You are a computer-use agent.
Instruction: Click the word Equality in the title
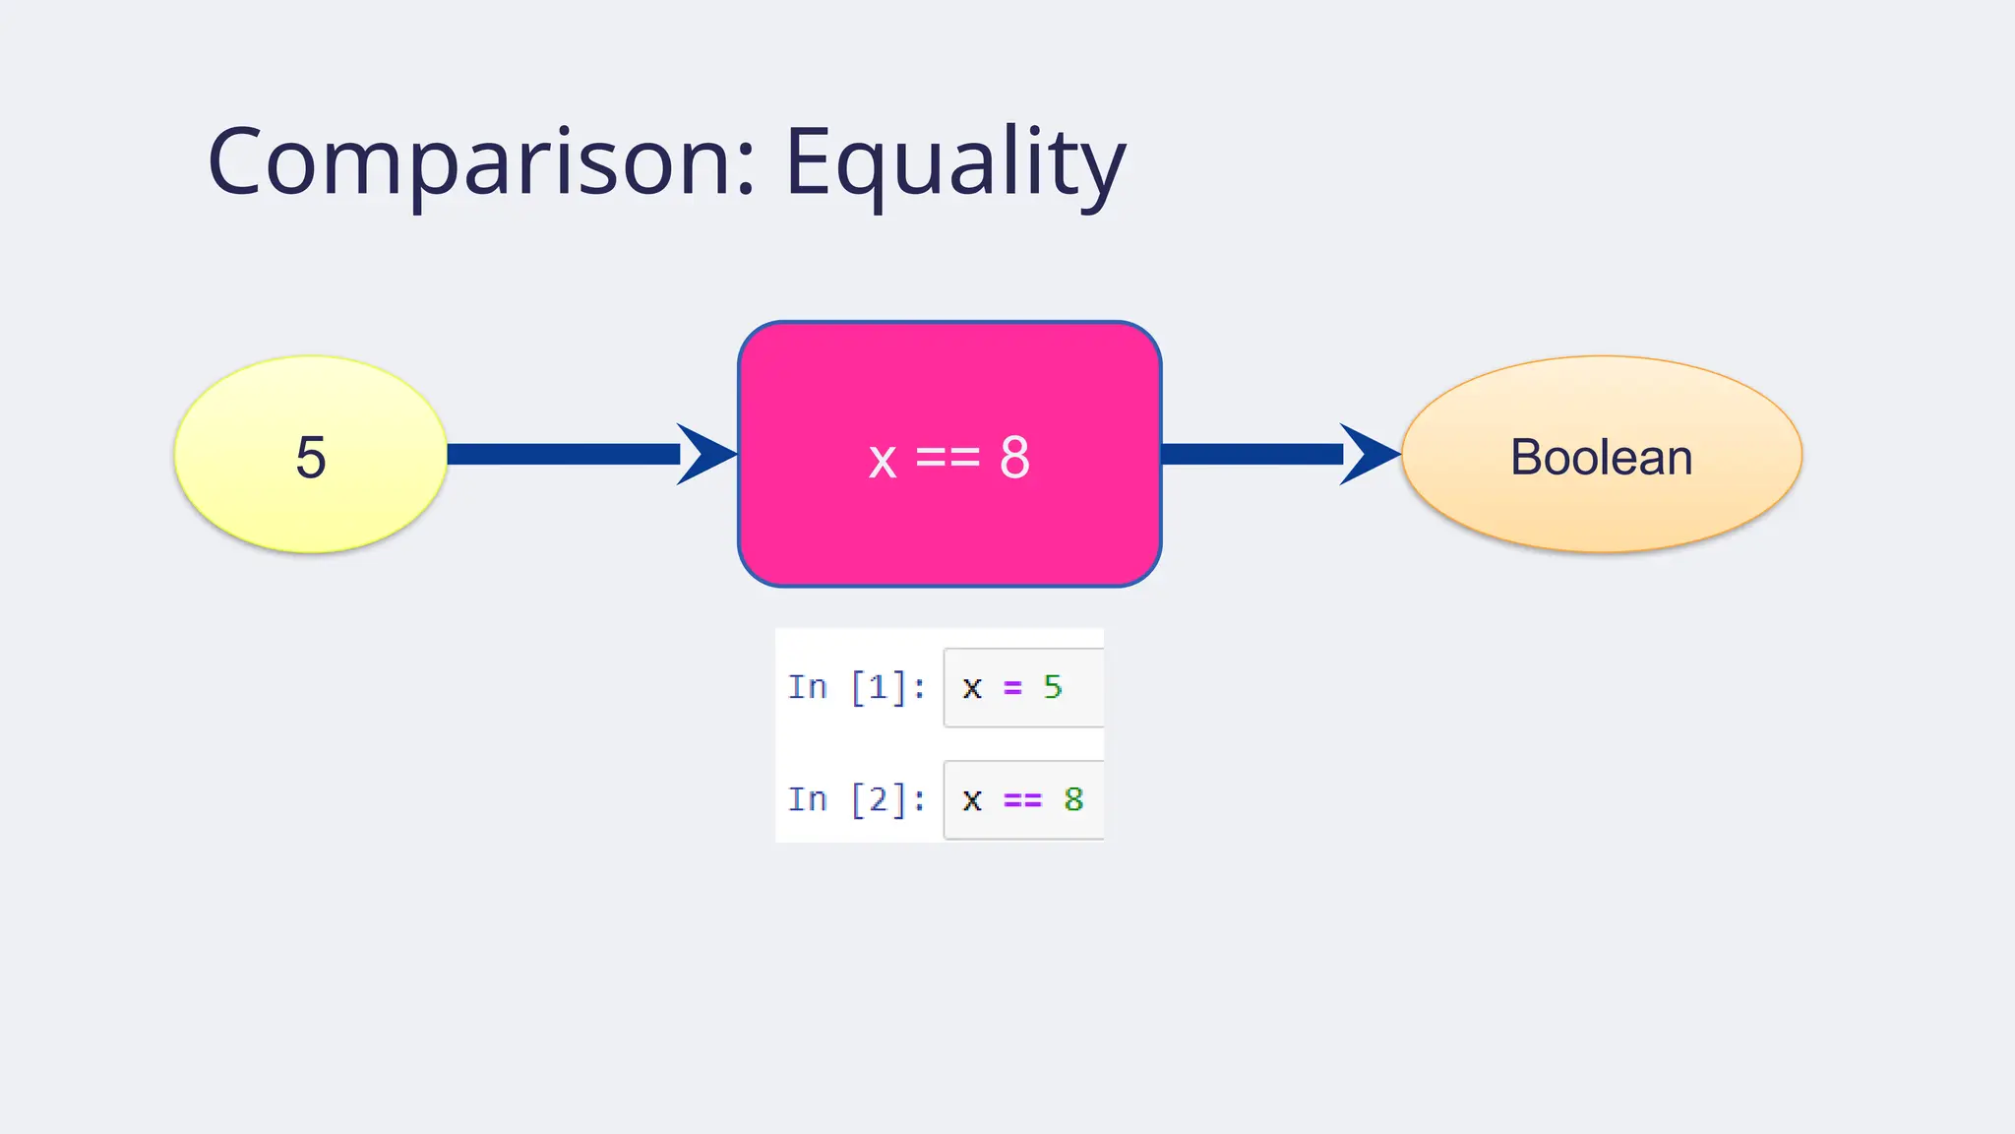pos(954,162)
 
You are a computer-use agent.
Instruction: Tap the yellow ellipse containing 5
pos(311,455)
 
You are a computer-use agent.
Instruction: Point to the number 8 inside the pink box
pos(1014,458)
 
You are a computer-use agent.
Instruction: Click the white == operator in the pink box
pos(947,458)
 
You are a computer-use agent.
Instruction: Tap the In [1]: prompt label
pos(856,687)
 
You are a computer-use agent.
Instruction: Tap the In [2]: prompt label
pos(856,799)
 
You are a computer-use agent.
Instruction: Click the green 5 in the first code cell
pos(1053,687)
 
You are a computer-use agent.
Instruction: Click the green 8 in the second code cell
pos(1073,799)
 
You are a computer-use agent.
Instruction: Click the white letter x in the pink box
pos(883,460)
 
